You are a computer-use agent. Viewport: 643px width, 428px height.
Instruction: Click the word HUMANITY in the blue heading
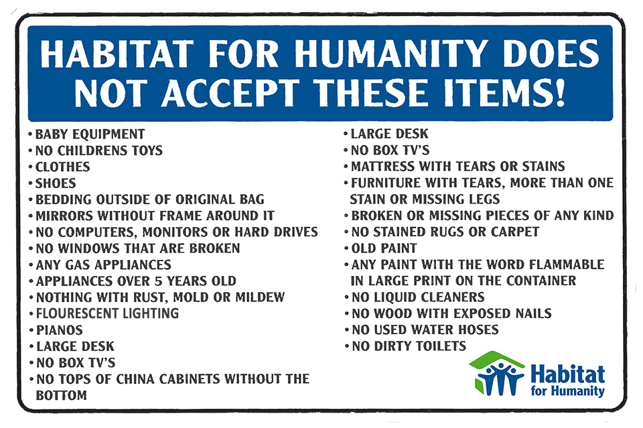coord(390,54)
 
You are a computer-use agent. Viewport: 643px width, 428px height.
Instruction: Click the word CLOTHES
coord(62,167)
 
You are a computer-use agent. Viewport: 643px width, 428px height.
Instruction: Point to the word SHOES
coord(56,184)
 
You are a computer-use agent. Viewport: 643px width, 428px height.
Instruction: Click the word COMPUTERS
coord(96,232)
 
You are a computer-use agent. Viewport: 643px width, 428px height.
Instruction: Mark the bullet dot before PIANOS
coord(31,330)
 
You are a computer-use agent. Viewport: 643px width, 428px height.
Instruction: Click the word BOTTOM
coord(62,396)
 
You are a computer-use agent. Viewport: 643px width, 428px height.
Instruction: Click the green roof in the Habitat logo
coord(496,359)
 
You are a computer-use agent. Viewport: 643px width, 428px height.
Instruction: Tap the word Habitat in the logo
coord(567,374)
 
